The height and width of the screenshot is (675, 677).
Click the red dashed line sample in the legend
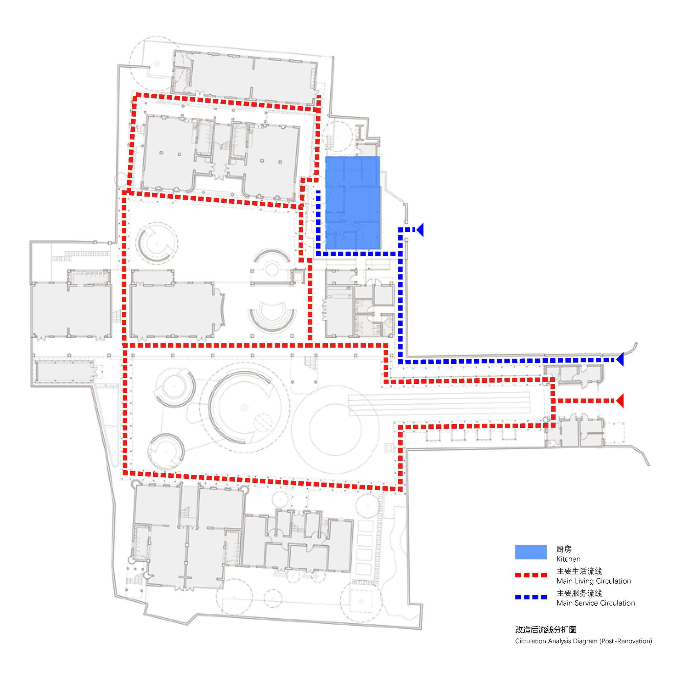pos(530,575)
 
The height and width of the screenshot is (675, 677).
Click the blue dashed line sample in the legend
pos(530,597)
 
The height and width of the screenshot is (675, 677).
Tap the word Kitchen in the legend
pos(568,559)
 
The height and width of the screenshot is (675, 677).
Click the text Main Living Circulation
pos(593,581)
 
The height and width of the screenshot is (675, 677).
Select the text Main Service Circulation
pos(595,603)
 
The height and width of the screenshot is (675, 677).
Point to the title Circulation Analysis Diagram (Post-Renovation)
pos(583,641)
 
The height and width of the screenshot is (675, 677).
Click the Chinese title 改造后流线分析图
pos(545,629)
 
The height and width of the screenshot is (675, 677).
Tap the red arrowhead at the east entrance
pos(620,401)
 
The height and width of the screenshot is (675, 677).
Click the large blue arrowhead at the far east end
pos(620,359)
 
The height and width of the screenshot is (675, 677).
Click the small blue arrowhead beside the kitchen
pos(420,230)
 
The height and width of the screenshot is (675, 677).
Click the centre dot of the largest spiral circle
pos(245,407)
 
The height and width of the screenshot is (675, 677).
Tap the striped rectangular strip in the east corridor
pos(439,403)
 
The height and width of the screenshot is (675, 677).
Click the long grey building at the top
pos(245,77)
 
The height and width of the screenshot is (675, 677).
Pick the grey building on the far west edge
pos(71,310)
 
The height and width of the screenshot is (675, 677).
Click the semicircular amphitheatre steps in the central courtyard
pos(272,317)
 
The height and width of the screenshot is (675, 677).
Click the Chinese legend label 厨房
pos(564,549)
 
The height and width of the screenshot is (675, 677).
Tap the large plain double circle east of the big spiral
pos(335,429)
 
